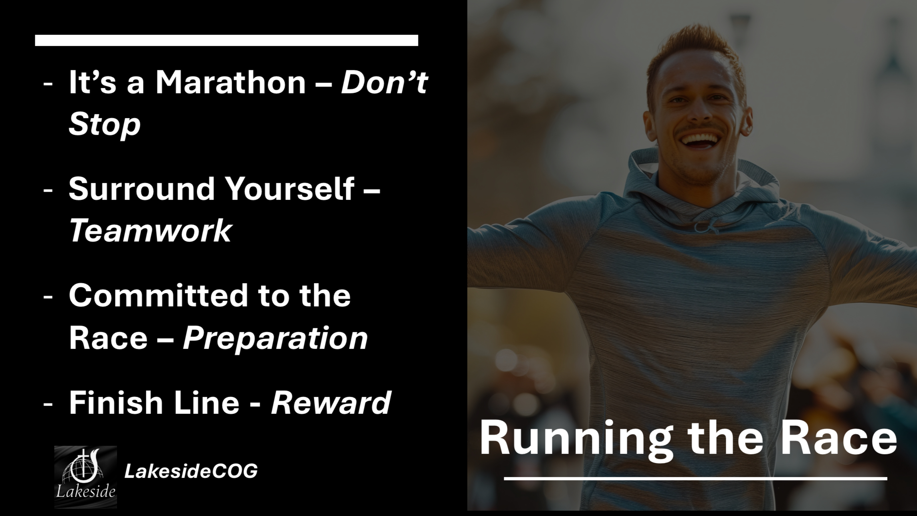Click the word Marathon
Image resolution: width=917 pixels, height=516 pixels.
(x=230, y=82)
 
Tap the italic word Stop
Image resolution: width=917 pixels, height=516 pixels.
(x=105, y=124)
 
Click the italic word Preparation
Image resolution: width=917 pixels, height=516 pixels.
(x=275, y=339)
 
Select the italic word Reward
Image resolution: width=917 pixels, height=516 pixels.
(x=331, y=403)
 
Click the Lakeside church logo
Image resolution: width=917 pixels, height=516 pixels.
(x=85, y=477)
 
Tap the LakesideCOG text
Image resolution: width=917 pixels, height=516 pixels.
(x=191, y=471)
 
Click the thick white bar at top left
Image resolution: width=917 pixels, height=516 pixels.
(x=226, y=40)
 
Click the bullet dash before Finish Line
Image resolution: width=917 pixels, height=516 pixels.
(x=48, y=405)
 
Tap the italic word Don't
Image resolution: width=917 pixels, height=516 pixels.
(x=384, y=82)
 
